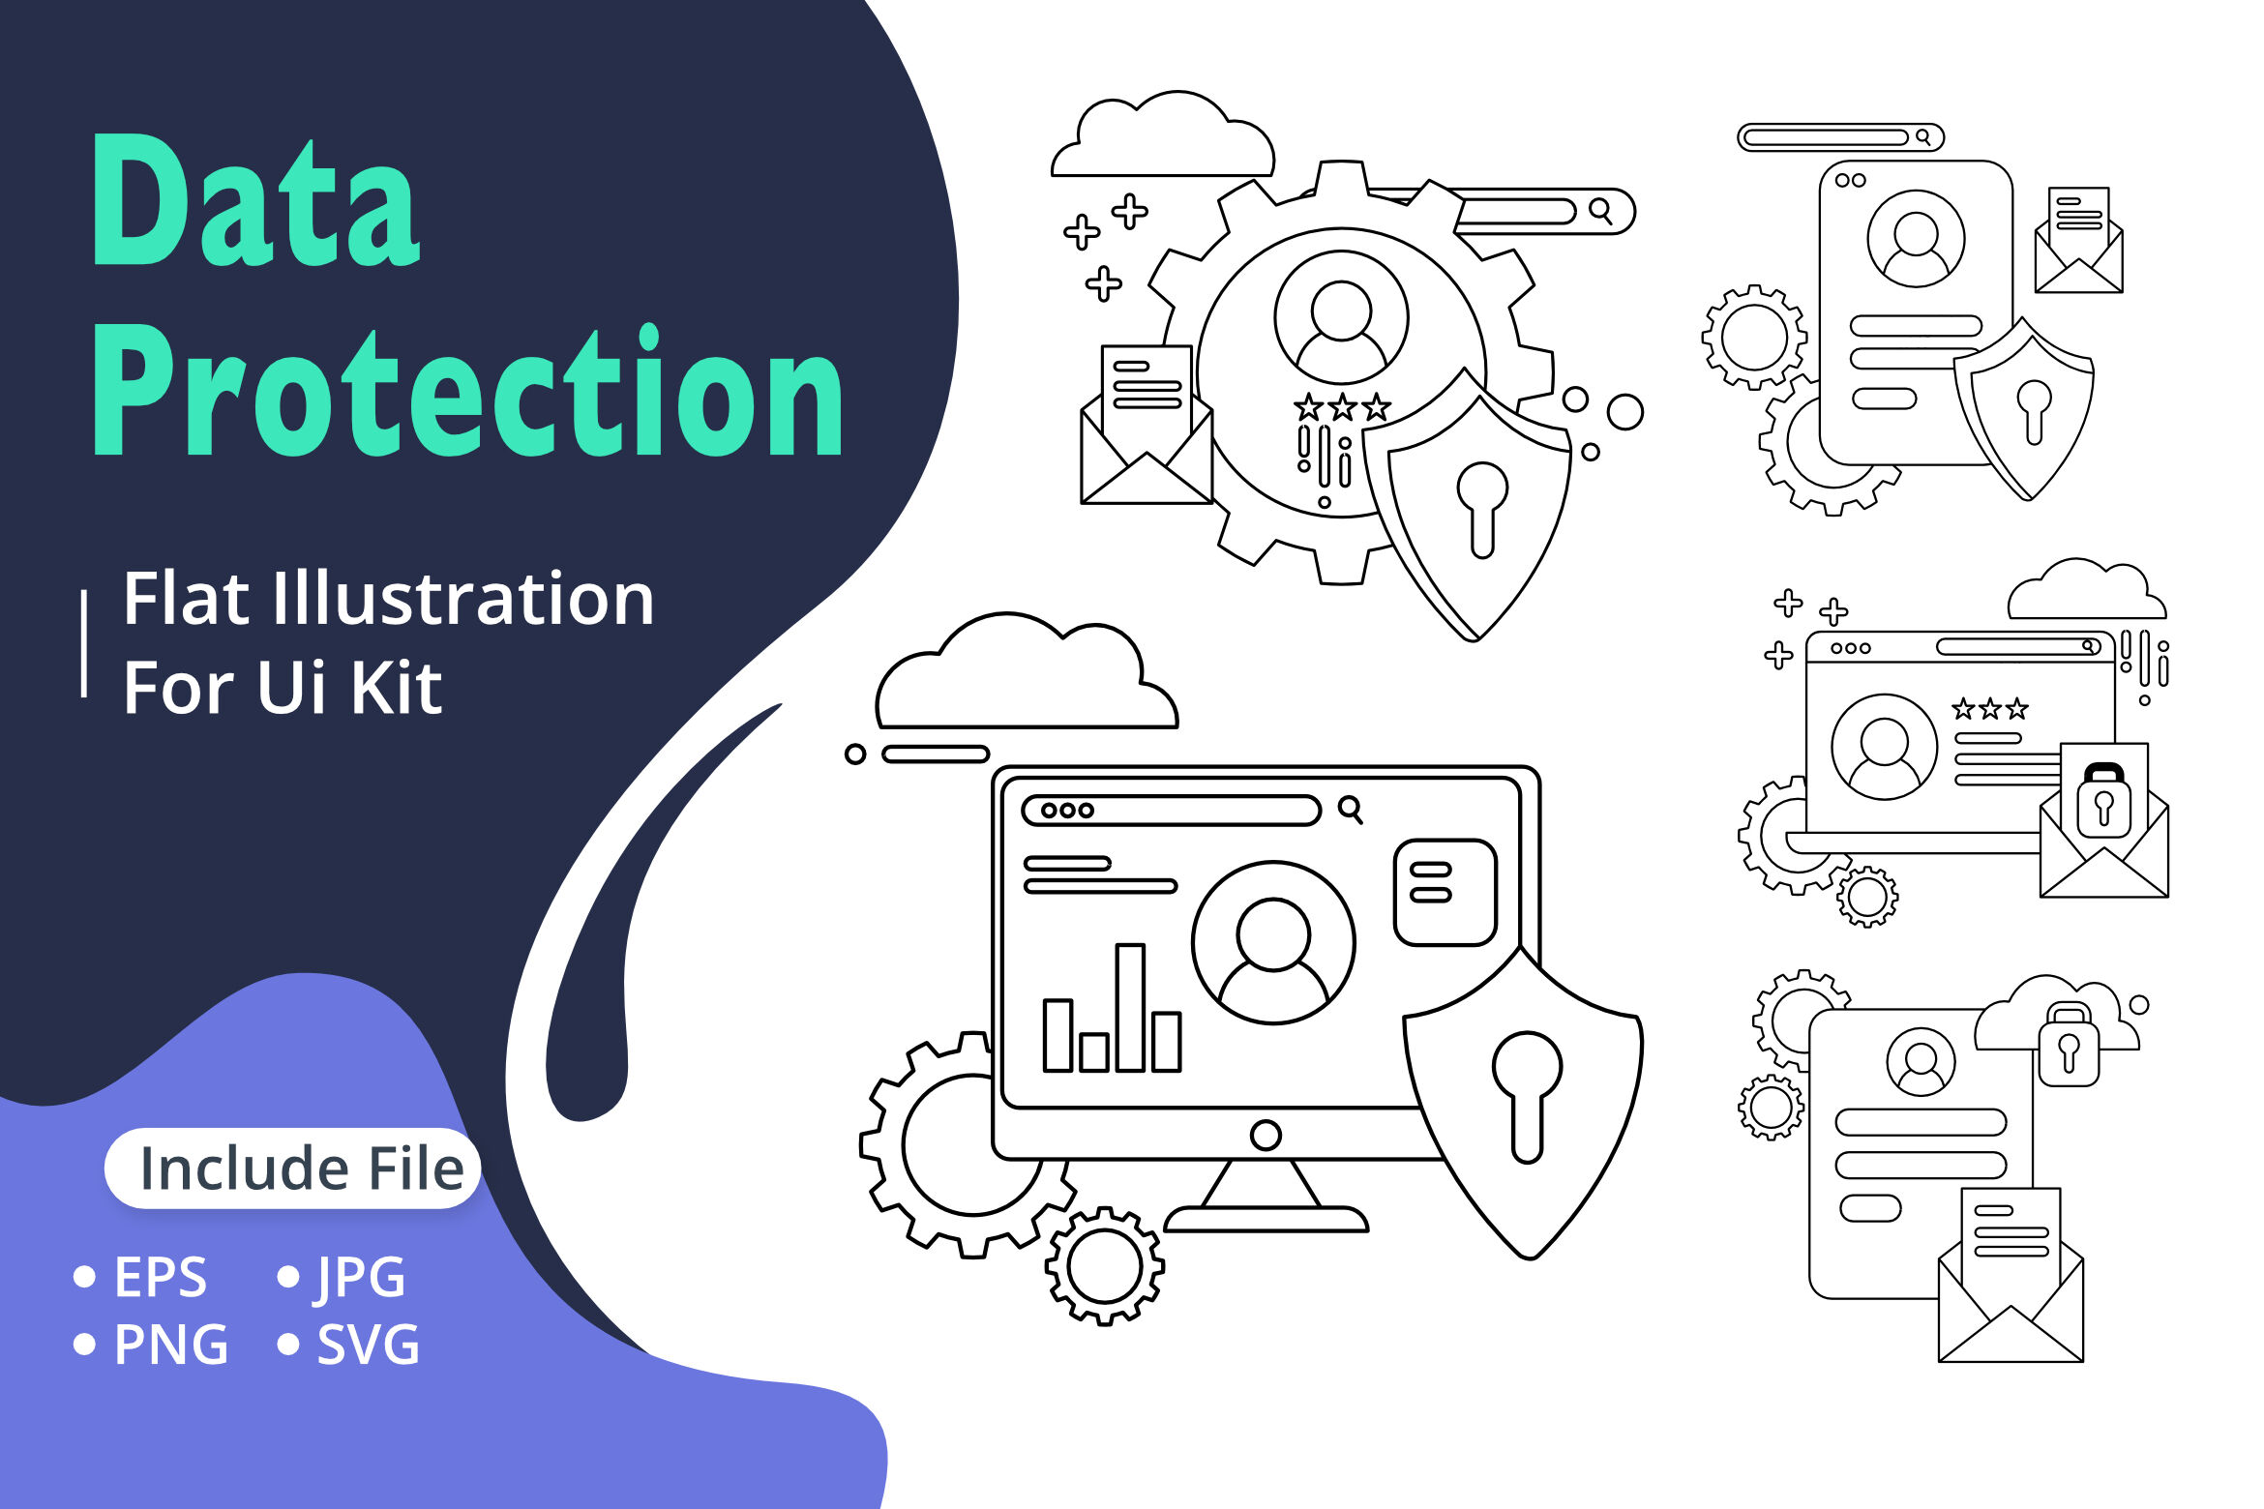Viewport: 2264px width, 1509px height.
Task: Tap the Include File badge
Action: [292, 1169]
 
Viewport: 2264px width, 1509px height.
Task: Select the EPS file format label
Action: [161, 1277]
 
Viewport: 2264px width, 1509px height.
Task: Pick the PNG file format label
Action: [171, 1345]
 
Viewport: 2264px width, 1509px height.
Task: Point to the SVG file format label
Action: [369, 1345]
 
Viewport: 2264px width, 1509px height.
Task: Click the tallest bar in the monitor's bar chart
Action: [1130, 1007]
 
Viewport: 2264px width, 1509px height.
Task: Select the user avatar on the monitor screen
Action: [1273, 942]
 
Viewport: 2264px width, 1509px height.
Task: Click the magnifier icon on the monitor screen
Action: [1351, 810]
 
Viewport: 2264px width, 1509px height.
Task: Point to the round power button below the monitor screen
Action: [1266, 1135]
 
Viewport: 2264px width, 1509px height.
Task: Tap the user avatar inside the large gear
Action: [1341, 318]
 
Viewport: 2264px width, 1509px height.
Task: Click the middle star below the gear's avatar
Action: [1342, 407]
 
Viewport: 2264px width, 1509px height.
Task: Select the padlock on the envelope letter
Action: [2103, 801]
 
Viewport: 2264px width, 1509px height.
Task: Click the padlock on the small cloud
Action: [2069, 1046]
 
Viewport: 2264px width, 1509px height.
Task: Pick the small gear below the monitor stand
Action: [1105, 1265]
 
